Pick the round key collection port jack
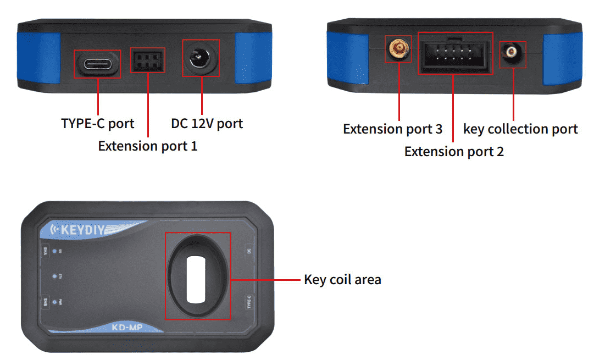pos(513,53)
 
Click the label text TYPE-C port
pos(98,123)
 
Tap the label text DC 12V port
pos(207,123)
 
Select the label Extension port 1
pos(147,146)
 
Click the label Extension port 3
pos(392,129)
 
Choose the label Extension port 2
pos(454,152)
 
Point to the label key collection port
pos(520,129)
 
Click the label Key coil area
pos(342,279)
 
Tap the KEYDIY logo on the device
pos(82,229)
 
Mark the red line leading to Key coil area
pos(267,279)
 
